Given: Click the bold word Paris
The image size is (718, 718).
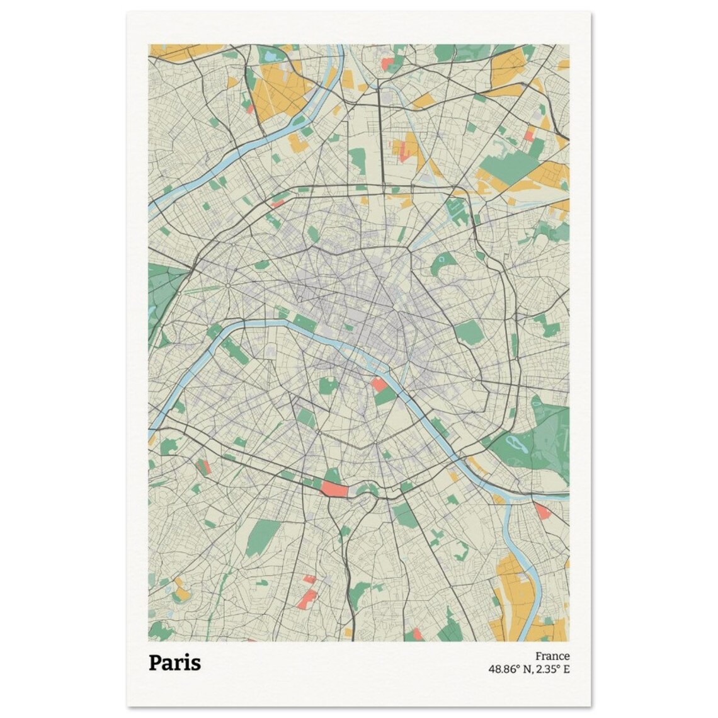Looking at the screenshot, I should coord(175,663).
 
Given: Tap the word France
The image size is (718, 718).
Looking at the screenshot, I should coord(552,656).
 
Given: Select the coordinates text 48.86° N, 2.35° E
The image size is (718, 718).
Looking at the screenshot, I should coord(528,669).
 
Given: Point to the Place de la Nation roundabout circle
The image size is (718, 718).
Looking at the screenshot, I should coord(473,379).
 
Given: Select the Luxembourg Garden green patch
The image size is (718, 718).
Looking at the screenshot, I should coord(326,385).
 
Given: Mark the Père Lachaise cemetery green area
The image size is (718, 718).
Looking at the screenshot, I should coord(469,331).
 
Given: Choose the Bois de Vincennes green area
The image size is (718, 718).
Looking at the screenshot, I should coord(532,441).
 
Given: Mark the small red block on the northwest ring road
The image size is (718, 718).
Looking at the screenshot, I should coord(278,203).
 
